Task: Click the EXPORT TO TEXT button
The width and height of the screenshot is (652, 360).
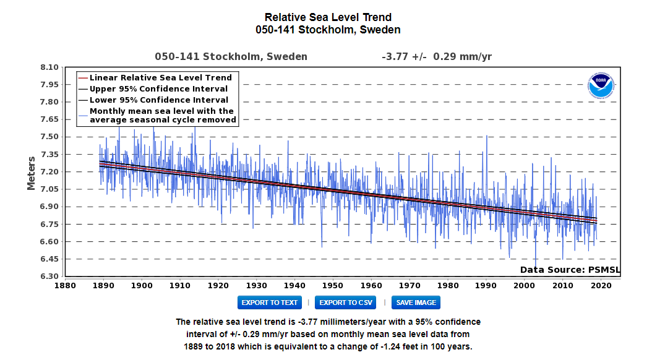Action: coord(269,302)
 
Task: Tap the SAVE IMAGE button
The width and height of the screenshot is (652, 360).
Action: coord(416,302)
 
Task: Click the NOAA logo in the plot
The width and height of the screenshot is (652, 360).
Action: coord(601,86)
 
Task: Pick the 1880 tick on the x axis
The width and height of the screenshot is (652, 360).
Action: coord(65,285)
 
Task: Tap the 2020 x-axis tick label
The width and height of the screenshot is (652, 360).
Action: coord(601,285)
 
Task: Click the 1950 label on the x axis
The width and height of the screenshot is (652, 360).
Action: coord(333,285)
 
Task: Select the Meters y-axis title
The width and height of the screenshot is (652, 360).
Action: coord(32,172)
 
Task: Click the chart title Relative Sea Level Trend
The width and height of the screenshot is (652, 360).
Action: coord(328,17)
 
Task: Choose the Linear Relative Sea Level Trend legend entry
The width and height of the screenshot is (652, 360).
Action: coord(160,78)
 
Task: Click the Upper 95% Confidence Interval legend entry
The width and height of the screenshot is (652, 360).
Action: coord(158,88)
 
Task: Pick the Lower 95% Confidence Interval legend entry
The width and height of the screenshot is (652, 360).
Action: coord(158,100)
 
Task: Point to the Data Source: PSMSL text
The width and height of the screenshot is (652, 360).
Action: coord(570,270)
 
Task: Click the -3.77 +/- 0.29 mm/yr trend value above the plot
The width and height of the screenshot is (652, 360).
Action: coord(437,57)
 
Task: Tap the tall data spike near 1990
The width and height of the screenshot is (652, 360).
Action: coord(486,137)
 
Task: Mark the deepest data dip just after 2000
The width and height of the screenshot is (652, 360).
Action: coord(536,267)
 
